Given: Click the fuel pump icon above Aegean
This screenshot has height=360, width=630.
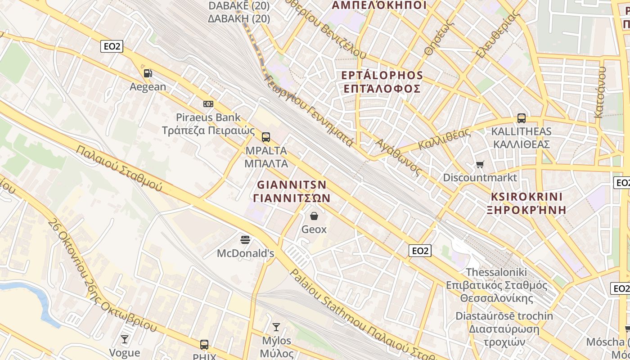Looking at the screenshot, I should (x=148, y=73).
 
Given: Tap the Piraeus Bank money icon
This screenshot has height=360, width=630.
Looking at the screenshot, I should (x=208, y=104).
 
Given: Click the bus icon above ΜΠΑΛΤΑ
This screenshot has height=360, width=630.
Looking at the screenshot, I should (x=266, y=137).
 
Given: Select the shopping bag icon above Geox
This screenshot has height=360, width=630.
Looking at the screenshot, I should (x=314, y=216).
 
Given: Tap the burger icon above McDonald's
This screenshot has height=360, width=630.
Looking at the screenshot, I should (x=245, y=239).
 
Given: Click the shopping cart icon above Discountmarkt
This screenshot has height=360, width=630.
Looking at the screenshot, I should (x=480, y=164).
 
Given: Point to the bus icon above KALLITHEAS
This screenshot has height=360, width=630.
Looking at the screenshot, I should (x=521, y=118).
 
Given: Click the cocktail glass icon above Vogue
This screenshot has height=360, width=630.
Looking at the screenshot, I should (x=125, y=339).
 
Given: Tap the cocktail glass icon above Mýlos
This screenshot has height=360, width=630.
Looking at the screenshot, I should (x=276, y=327).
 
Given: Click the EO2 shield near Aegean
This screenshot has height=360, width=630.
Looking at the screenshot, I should (x=112, y=46).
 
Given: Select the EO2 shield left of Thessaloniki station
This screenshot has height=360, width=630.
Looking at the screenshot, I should (x=420, y=251).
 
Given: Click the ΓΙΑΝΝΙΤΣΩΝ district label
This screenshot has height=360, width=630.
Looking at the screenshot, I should (x=292, y=198).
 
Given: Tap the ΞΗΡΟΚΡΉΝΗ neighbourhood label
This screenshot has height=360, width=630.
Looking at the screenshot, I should (x=526, y=209).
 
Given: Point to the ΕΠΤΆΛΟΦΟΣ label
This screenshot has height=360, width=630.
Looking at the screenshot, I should (x=382, y=88).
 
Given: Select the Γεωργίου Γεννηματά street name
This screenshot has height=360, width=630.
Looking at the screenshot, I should (x=308, y=110).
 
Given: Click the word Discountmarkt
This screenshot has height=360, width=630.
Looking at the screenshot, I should (x=480, y=177).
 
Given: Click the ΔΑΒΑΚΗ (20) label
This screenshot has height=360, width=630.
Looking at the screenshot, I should (x=239, y=18).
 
